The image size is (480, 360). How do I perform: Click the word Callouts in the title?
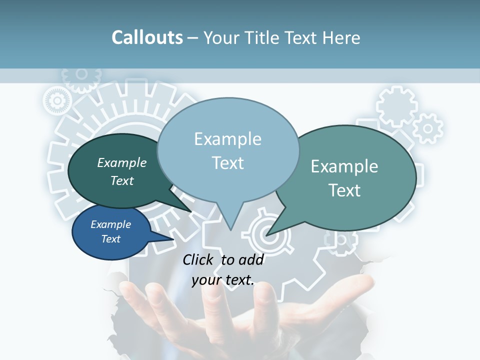(x=147, y=37)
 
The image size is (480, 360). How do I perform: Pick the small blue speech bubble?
(x=111, y=232)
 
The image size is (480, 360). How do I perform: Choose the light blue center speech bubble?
(x=228, y=150)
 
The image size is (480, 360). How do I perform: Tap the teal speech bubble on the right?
(x=350, y=177)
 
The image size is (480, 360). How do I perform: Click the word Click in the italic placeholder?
(x=198, y=259)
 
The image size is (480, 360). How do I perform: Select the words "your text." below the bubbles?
(x=223, y=280)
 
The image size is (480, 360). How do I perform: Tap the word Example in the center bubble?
(x=227, y=139)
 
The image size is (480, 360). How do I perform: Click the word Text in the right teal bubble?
(x=344, y=190)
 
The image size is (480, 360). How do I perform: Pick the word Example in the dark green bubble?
(x=121, y=163)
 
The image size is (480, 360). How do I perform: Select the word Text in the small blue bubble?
(x=110, y=239)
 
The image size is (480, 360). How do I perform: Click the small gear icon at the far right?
(x=428, y=128)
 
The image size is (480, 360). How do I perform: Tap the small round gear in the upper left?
(x=56, y=100)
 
